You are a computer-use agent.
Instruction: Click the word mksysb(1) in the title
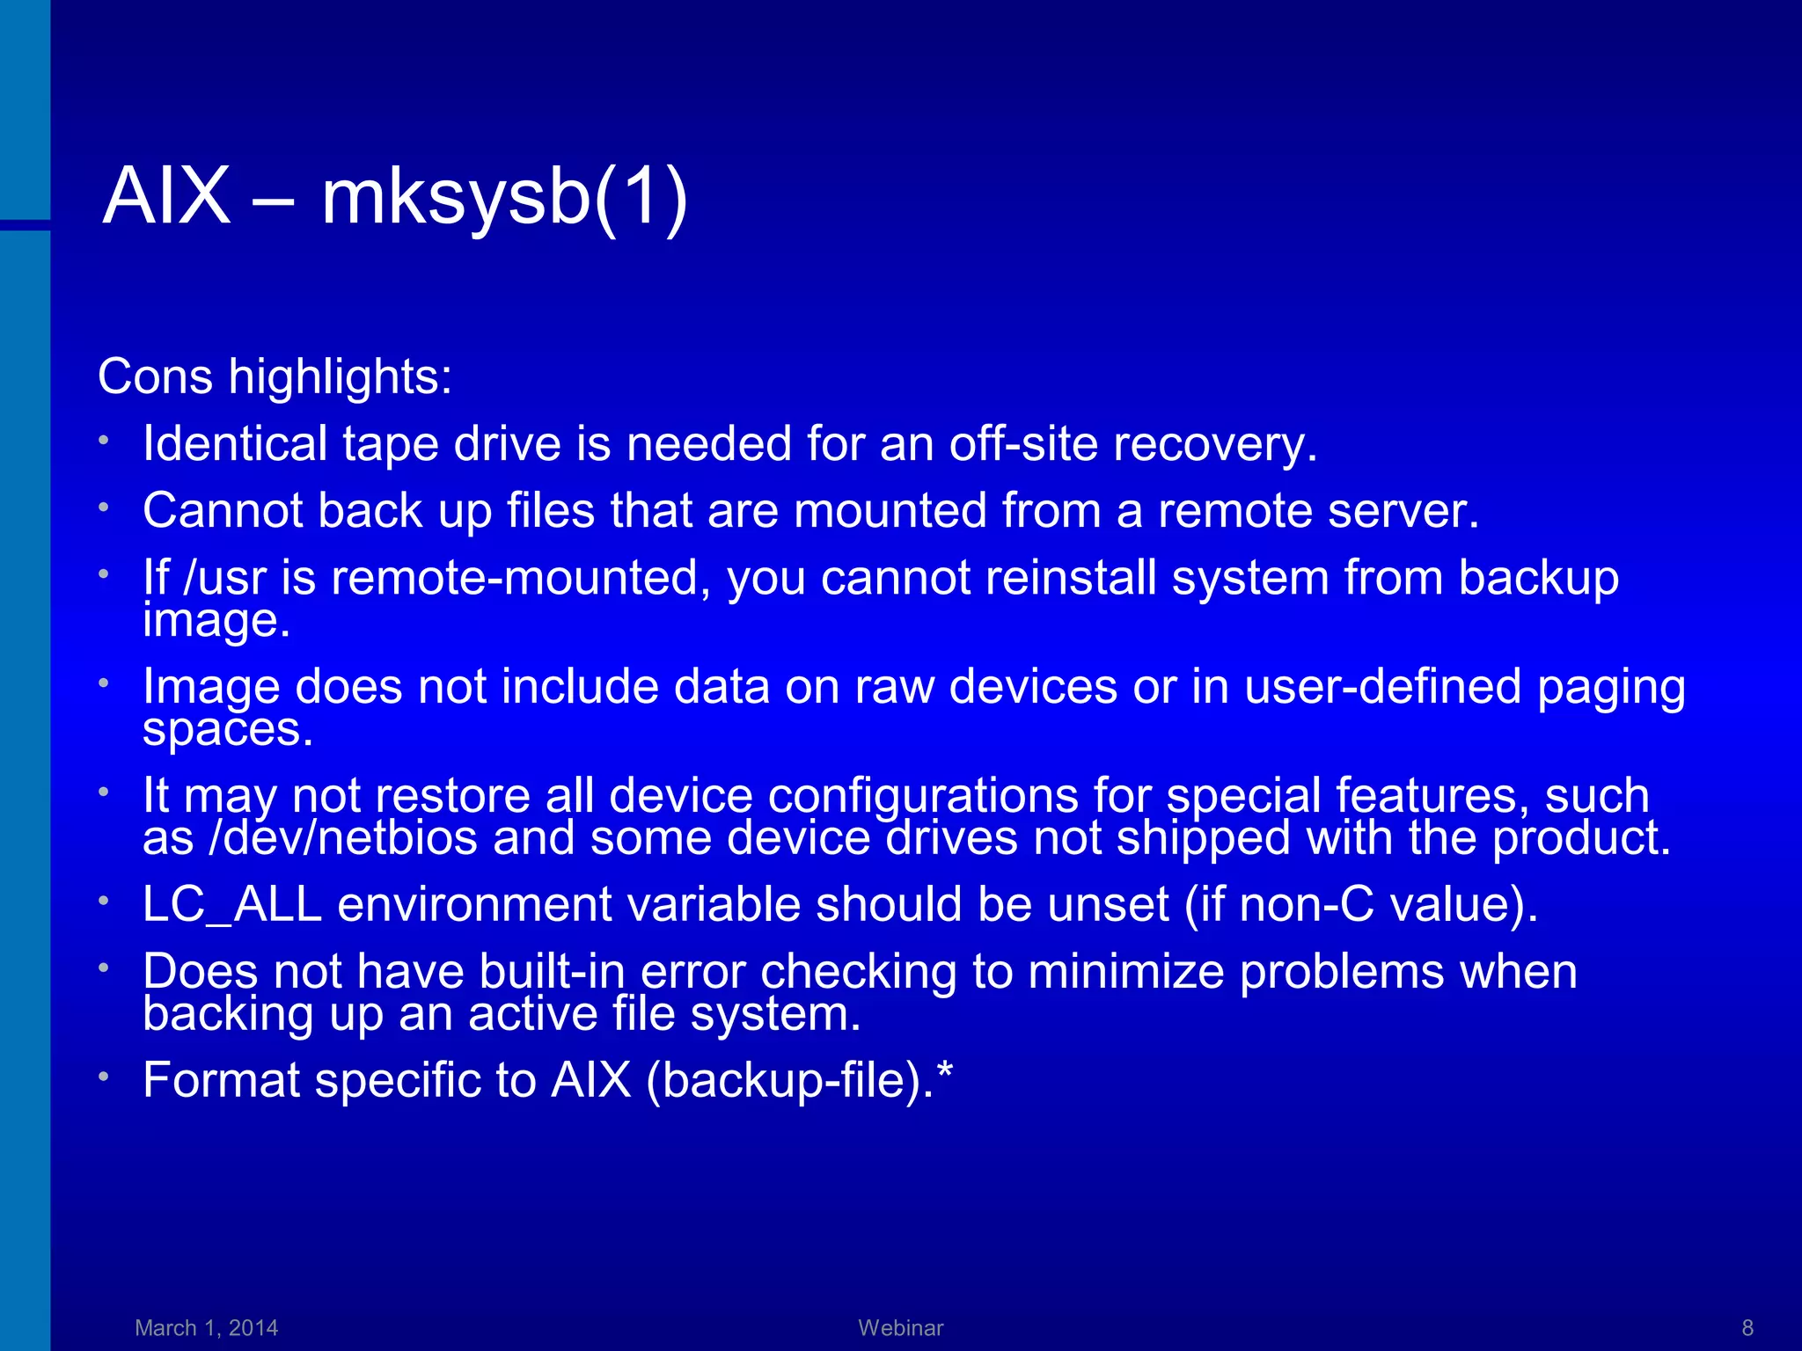click(x=504, y=198)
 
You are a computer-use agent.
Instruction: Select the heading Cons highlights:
click(x=275, y=377)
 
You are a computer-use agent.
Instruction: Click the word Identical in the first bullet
click(x=234, y=443)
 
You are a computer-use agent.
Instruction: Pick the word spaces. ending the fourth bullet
click(x=228, y=729)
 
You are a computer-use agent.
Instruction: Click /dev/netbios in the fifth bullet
click(x=344, y=838)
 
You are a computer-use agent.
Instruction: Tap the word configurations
click(x=923, y=796)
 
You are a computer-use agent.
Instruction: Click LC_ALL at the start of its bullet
click(x=232, y=905)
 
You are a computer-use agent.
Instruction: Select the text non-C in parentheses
click(x=1307, y=905)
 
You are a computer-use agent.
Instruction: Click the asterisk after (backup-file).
click(x=945, y=1070)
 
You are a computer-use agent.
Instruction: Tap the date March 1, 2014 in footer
click(x=207, y=1327)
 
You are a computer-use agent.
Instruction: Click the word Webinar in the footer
click(x=900, y=1327)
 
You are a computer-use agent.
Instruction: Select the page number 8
click(x=1747, y=1327)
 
